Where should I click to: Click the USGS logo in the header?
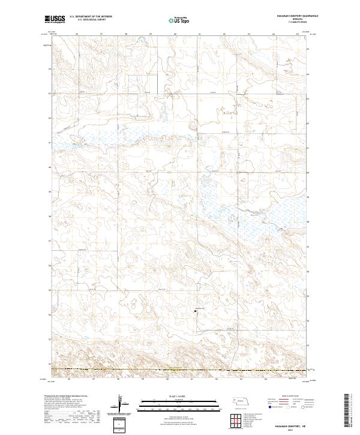click(x=54, y=20)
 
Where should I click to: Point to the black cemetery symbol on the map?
click(x=194, y=311)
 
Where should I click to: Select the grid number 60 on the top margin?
click(x=175, y=34)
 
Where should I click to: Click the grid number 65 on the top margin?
click(x=298, y=34)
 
